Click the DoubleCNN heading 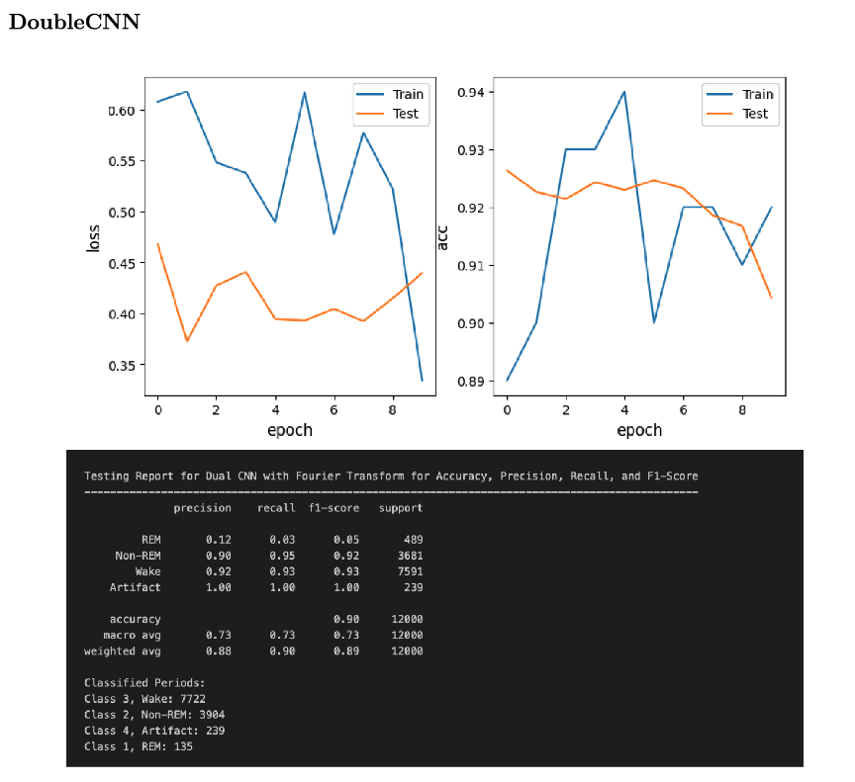click(x=74, y=22)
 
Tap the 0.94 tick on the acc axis click(x=471, y=93)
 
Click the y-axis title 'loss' click(x=94, y=237)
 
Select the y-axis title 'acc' click(x=444, y=235)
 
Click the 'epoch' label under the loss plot click(x=290, y=430)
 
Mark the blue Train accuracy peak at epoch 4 click(x=624, y=92)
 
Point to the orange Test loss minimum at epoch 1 click(x=187, y=341)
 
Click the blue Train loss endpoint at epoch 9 click(x=423, y=381)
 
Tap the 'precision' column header click(x=202, y=508)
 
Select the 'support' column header click(x=401, y=508)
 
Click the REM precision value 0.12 click(x=219, y=540)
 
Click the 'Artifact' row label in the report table click(x=135, y=587)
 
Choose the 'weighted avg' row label click(x=123, y=651)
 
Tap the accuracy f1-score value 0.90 click(x=346, y=619)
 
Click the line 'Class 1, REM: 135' click(x=139, y=746)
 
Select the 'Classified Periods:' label click(x=144, y=683)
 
